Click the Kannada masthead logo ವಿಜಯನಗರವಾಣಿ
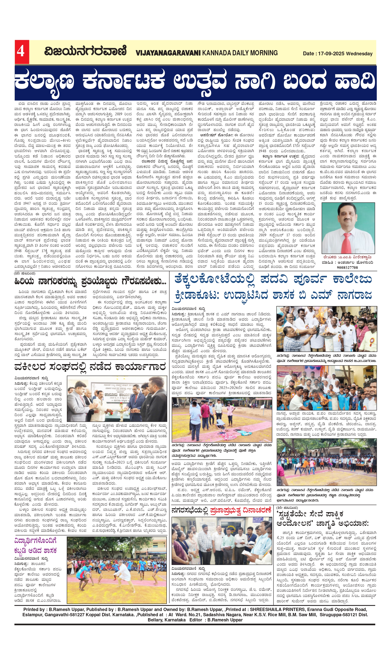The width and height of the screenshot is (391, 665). tap(85, 51)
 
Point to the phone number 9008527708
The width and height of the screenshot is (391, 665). tap(347, 267)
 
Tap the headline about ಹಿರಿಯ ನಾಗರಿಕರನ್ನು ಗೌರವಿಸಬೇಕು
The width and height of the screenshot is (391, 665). tap(90, 282)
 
